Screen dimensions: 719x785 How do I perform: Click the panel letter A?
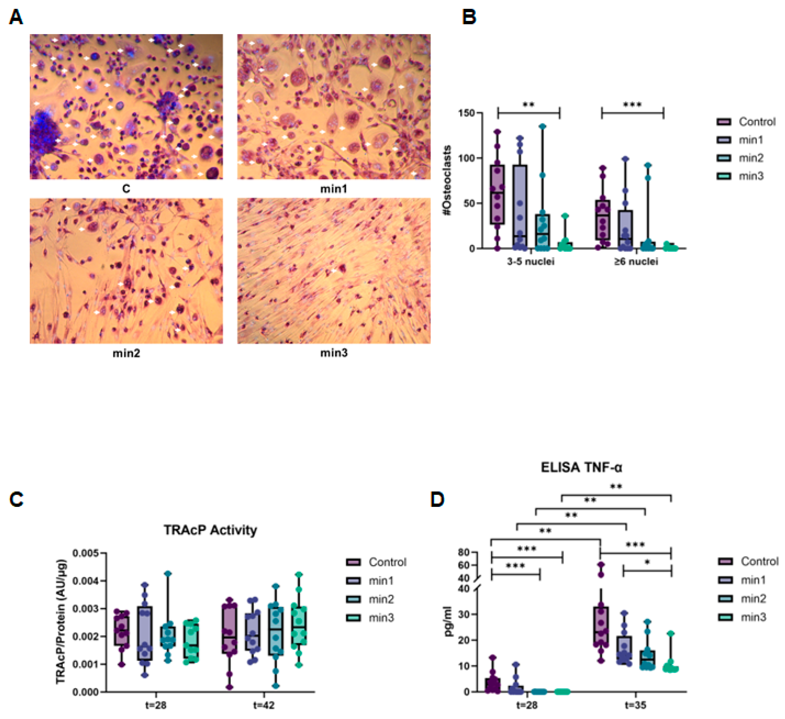pyautogui.click(x=16, y=18)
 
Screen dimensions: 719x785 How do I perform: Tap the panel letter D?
pyautogui.click(x=437, y=499)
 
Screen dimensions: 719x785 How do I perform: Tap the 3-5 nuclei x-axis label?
pyautogui.click(x=530, y=261)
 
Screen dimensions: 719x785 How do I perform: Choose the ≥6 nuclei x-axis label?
pyautogui.click(x=636, y=261)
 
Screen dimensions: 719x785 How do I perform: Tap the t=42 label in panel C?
pyautogui.click(x=264, y=705)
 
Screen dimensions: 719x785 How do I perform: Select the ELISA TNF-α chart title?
pyautogui.click(x=581, y=467)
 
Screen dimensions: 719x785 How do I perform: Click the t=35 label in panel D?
pyautogui.click(x=635, y=705)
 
